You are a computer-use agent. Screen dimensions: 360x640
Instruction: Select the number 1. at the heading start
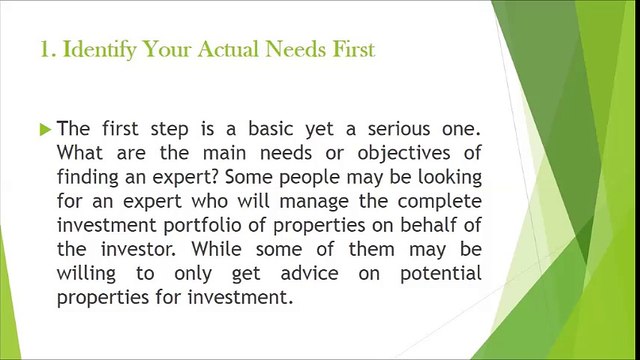click(x=46, y=49)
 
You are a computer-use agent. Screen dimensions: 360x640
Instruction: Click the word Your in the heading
click(x=168, y=49)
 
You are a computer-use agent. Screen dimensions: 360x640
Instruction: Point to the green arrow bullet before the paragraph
click(x=45, y=129)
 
